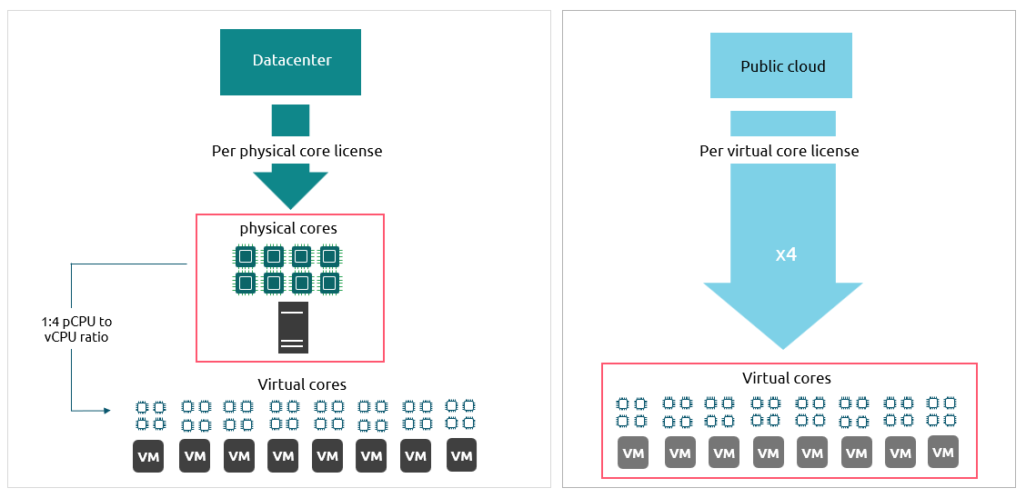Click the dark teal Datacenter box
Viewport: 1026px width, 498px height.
coord(290,62)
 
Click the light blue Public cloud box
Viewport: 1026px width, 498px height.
coord(781,65)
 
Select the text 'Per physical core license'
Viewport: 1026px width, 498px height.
coord(297,151)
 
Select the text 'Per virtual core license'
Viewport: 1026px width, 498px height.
coord(779,151)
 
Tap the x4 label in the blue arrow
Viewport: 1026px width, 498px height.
coord(786,255)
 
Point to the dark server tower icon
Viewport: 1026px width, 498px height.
coord(293,327)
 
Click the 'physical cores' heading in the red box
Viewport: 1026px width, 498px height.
coord(288,228)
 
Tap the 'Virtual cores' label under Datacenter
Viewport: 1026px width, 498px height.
coord(302,384)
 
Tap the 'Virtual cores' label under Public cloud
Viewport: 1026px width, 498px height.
coord(787,378)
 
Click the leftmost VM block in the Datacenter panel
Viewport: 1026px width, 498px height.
coord(148,456)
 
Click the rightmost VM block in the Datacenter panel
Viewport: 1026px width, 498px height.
coord(461,455)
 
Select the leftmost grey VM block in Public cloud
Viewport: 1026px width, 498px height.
coord(633,453)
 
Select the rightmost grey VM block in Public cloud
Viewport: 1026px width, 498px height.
coord(943,452)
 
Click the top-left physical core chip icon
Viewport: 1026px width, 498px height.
coord(245,257)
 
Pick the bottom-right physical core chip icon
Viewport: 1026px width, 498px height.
coord(329,284)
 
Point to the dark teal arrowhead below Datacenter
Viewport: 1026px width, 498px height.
coord(289,186)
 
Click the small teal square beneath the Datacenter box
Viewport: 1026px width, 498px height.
coord(290,120)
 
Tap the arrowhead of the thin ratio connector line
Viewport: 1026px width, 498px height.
coord(106,411)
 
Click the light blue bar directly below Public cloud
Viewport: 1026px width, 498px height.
coord(782,123)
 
